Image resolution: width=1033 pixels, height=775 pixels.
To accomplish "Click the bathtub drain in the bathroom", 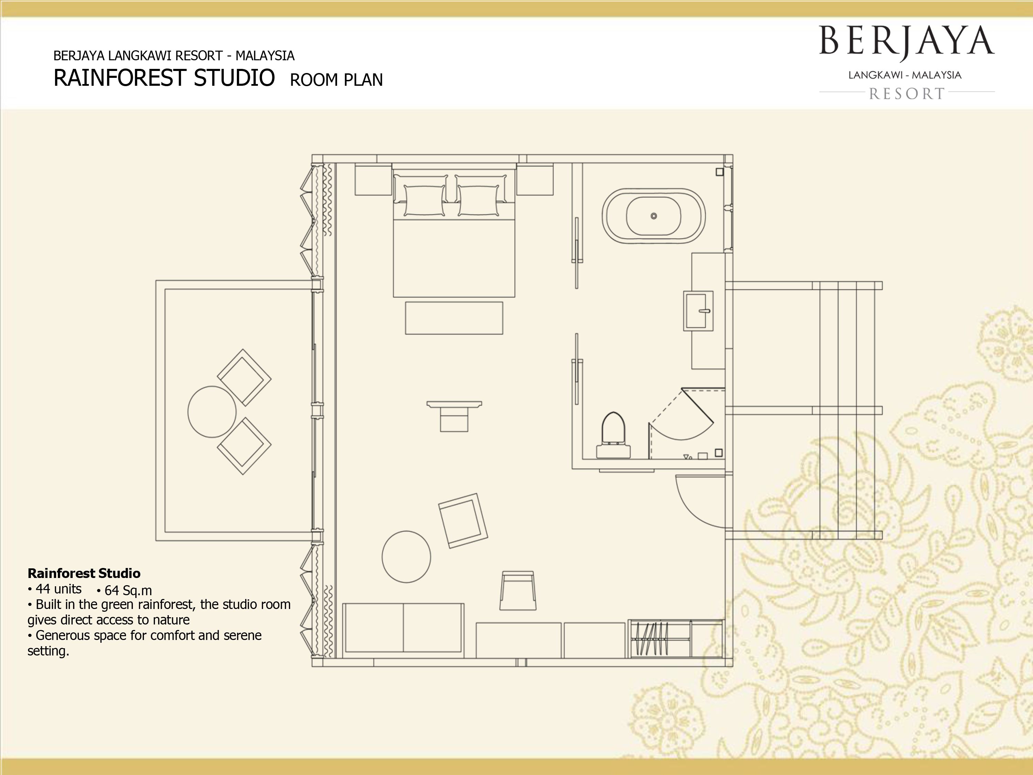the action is tap(654, 216).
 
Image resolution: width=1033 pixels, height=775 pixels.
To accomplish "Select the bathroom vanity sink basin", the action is tap(698, 311).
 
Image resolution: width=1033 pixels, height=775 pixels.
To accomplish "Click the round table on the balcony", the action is tap(212, 412).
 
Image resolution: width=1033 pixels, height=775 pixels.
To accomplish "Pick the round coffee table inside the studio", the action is tap(406, 556).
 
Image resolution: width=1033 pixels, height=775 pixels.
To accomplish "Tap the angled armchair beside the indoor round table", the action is tap(463, 520).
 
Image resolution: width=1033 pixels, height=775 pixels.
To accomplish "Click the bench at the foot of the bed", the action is tap(454, 318).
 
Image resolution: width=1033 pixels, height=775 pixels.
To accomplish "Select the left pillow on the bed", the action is tap(424, 200).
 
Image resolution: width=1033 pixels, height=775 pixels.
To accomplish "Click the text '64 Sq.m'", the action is tap(128, 590).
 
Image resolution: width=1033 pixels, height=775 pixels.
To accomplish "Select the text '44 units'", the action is tap(59, 589).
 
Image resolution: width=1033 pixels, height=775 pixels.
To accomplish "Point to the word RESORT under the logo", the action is tap(907, 94).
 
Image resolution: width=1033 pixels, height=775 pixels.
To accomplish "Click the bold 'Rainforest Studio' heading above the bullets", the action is tap(84, 573).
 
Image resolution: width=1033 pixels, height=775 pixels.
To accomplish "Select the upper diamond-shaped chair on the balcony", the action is tap(244, 378).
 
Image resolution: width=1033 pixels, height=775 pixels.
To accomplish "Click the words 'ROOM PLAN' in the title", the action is tap(336, 80).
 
